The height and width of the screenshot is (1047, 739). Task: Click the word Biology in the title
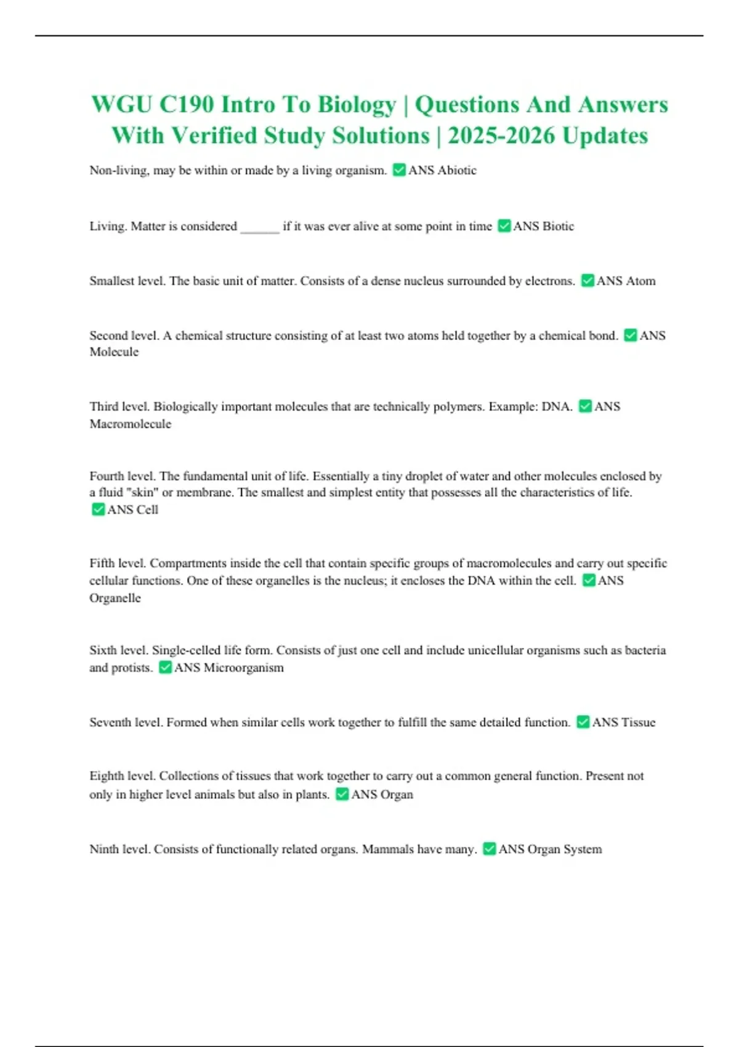357,105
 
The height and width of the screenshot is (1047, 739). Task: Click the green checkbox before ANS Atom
588,281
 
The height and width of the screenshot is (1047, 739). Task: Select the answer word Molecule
114,352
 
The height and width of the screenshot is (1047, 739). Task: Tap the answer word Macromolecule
131,424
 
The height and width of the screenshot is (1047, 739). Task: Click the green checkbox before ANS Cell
98,509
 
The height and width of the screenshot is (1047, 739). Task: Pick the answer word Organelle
115,598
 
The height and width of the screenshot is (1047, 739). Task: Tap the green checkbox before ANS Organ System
489,849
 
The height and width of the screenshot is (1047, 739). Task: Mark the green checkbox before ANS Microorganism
165,668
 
